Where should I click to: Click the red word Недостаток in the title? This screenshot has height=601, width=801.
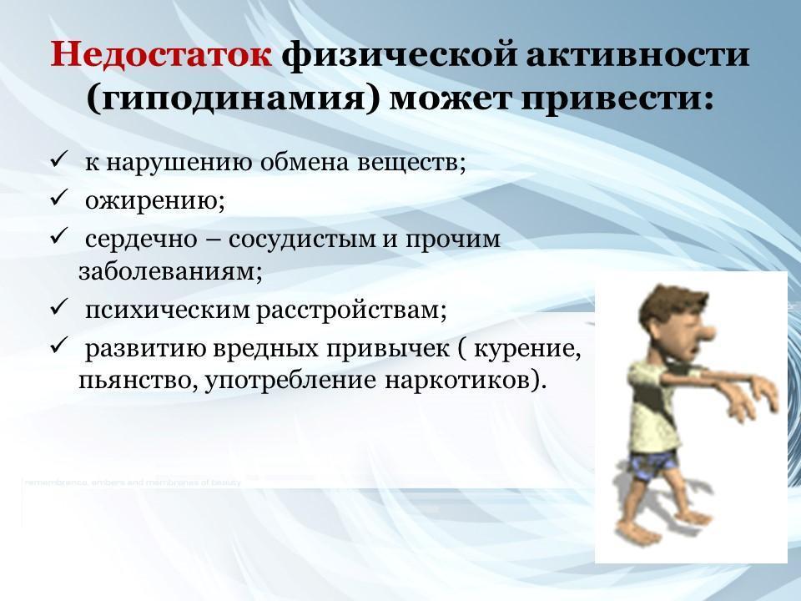point(160,54)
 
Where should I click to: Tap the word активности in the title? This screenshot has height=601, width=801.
point(637,54)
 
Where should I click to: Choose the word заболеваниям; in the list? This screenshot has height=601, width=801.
point(170,271)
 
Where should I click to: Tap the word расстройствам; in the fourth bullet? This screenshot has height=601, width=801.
point(351,311)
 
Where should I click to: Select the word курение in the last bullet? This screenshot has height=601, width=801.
point(527,349)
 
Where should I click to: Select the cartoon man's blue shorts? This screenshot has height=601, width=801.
point(654,467)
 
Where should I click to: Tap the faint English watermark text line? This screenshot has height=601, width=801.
point(133,482)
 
